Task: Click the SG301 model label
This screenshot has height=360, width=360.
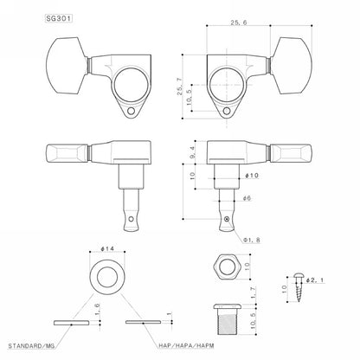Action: [59, 19]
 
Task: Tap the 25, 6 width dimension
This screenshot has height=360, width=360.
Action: [239, 22]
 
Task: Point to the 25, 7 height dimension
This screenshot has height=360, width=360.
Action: [180, 87]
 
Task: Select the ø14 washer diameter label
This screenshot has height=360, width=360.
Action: [107, 248]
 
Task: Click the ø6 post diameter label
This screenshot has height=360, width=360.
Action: [247, 198]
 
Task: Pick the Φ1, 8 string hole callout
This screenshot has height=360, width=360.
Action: [252, 240]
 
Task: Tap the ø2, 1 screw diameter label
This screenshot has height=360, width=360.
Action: [315, 280]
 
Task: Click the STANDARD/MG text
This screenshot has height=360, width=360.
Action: [31, 346]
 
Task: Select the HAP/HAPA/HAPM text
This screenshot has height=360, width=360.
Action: [186, 345]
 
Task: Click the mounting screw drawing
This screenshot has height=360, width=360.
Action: [298, 287]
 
